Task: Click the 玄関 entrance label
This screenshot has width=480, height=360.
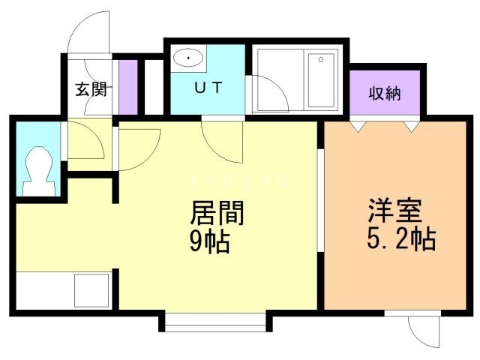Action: tap(92, 90)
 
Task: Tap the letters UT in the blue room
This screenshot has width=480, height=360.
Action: tap(208, 88)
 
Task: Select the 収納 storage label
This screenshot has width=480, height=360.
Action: tap(384, 94)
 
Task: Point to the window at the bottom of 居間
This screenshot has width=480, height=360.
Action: tap(216, 322)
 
